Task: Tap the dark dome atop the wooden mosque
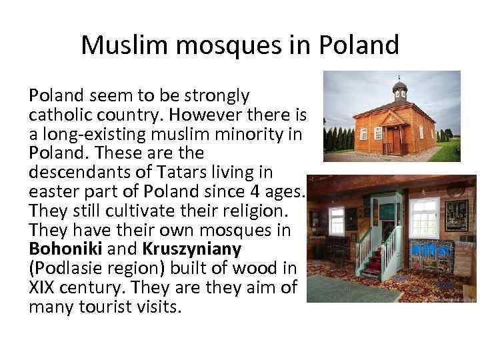tap(399, 86)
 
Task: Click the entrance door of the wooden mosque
tap(396, 139)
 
